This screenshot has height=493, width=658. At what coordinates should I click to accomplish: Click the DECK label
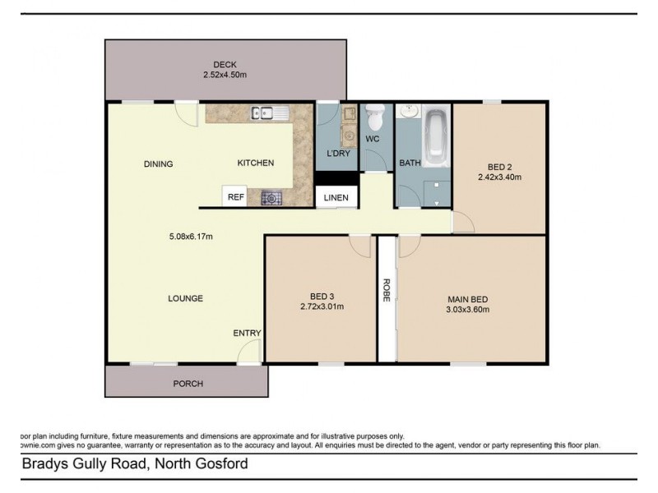coord(225,65)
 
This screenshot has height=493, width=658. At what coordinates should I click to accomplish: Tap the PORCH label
coord(187,384)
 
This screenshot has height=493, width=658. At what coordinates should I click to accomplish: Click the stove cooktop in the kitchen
coord(271,197)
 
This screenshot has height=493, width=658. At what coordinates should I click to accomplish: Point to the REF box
coord(235,197)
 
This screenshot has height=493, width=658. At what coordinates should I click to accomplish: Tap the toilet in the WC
coord(375,120)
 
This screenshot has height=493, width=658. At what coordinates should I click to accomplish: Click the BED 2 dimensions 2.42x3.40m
coord(500,176)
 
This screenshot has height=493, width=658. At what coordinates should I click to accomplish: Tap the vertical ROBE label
coord(386,293)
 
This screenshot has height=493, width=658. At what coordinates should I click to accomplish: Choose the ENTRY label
coord(247,333)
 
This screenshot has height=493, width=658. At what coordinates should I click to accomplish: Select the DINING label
coord(158,164)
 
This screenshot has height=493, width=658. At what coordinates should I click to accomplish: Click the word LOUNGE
coord(187,298)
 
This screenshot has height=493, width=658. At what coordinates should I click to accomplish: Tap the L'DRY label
coord(337,154)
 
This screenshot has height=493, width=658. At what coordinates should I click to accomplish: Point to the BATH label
coord(410,163)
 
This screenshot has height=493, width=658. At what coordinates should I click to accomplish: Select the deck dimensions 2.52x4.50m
coord(225,75)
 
